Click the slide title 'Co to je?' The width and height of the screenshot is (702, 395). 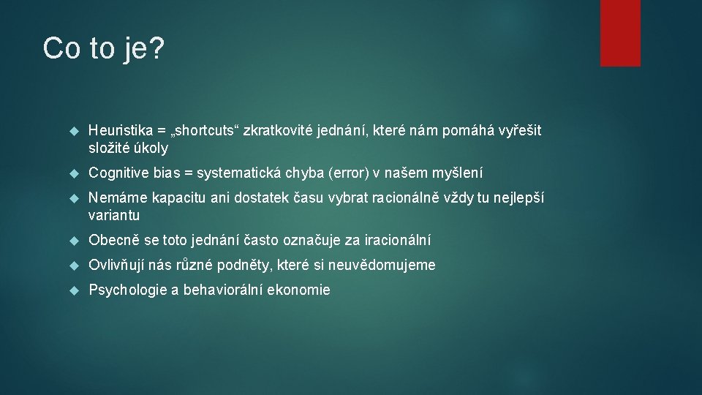pyautogui.click(x=104, y=49)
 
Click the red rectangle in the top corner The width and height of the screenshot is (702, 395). pyautogui.click(x=620, y=33)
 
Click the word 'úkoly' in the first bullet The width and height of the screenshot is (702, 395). pyautogui.click(x=151, y=148)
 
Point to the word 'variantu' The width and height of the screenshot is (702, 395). pyautogui.click(x=114, y=216)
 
